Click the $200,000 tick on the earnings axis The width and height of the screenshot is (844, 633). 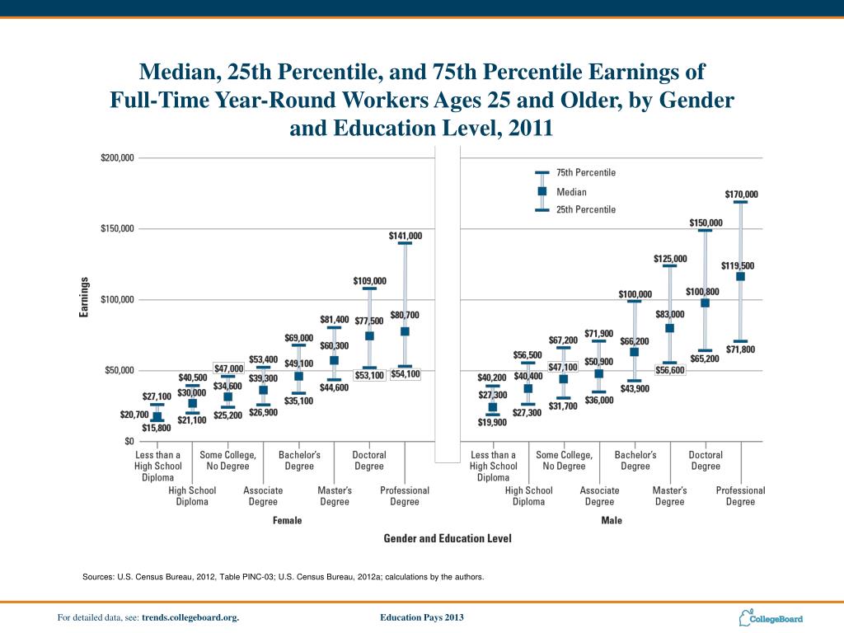click(118, 157)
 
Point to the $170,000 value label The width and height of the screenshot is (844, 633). click(741, 195)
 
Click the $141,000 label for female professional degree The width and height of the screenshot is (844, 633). click(405, 236)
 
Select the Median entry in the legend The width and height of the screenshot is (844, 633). click(571, 191)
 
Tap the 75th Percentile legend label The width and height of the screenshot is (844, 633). click(585, 173)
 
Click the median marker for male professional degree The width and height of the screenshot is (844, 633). click(740, 277)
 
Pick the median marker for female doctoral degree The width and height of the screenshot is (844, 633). click(369, 335)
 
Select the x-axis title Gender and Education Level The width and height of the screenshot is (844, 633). click(448, 538)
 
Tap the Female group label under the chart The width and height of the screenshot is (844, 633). click(287, 520)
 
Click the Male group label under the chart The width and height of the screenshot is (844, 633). click(612, 520)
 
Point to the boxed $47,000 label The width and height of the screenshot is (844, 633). click(229, 368)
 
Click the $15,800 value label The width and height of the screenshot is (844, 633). click(157, 428)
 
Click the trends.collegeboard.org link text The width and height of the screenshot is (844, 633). click(190, 617)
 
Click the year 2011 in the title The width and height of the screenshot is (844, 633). click(528, 129)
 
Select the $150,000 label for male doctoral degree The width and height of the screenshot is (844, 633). click(706, 223)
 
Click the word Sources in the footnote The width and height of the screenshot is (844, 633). click(99, 577)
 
